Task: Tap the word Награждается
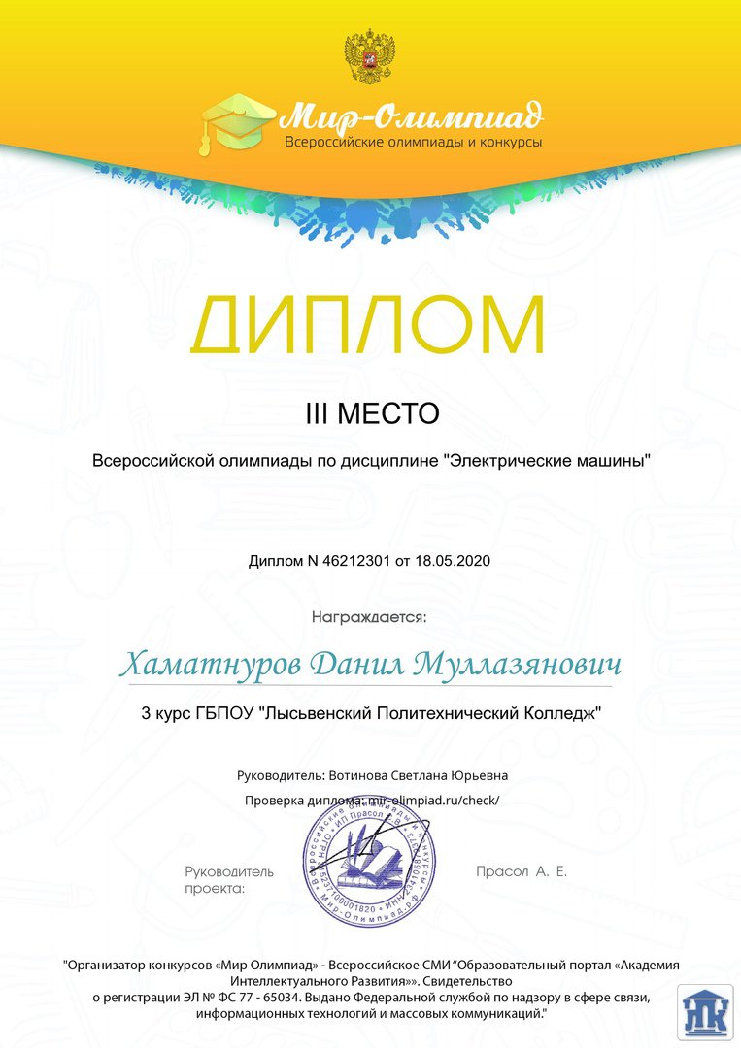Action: pos(369,615)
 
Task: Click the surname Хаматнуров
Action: pos(211,667)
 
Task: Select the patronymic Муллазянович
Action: pos(518,667)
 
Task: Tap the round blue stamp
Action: pos(370,864)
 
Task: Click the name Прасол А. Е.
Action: pos(522,871)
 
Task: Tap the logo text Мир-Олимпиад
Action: pos(412,119)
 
